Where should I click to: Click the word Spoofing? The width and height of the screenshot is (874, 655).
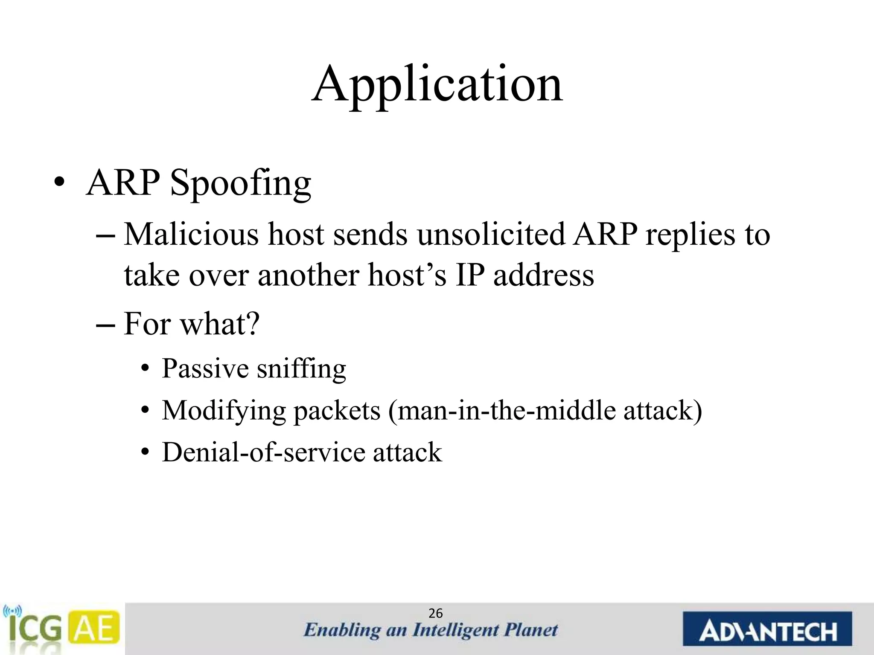pyautogui.click(x=241, y=183)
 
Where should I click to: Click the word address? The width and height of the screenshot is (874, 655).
pyautogui.click(x=543, y=275)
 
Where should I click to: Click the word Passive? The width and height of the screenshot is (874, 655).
pyautogui.click(x=205, y=368)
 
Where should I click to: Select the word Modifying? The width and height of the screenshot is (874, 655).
pyautogui.click(x=223, y=411)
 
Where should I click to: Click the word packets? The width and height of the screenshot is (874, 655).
pyautogui.click(x=336, y=411)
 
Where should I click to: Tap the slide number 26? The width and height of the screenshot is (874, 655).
pyautogui.click(x=435, y=614)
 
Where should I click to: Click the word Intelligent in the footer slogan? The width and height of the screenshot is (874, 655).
pyautogui.click(x=455, y=630)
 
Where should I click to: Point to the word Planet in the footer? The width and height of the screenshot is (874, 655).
pyautogui.click(x=531, y=630)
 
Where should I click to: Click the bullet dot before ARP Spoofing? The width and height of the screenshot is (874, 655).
pyautogui.click(x=59, y=184)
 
